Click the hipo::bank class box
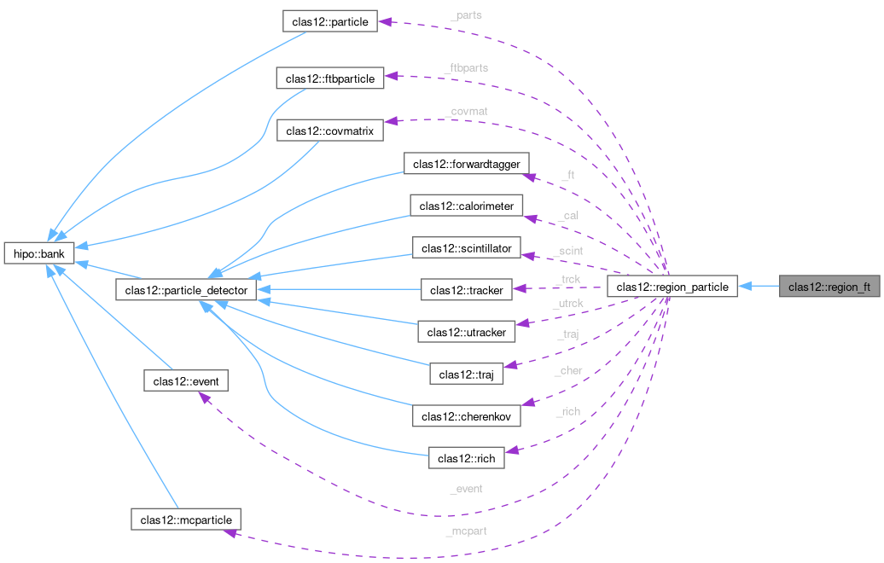pyautogui.click(x=40, y=253)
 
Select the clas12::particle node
pyautogui.click(x=329, y=21)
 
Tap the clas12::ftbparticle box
pyautogui.click(x=329, y=78)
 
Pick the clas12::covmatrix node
pyautogui.click(x=329, y=131)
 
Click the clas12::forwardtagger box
pyautogui.click(x=471, y=163)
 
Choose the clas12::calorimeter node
pyautogui.click(x=465, y=206)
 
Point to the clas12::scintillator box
pyautogui.click(x=465, y=248)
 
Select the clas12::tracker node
pyautogui.click(x=465, y=290)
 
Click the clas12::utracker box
pyautogui.click(x=466, y=331)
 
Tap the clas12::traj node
pyautogui.click(x=466, y=374)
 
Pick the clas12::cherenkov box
pyautogui.click(x=466, y=415)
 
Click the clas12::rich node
pyautogui.click(x=465, y=458)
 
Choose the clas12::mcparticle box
pyautogui.click(x=186, y=518)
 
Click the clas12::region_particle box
pyautogui.click(x=672, y=287)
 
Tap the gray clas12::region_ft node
pyautogui.click(x=829, y=287)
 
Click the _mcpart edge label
pyautogui.click(x=465, y=531)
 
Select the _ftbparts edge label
pyautogui.click(x=467, y=67)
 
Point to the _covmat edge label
pyautogui.click(x=465, y=112)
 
